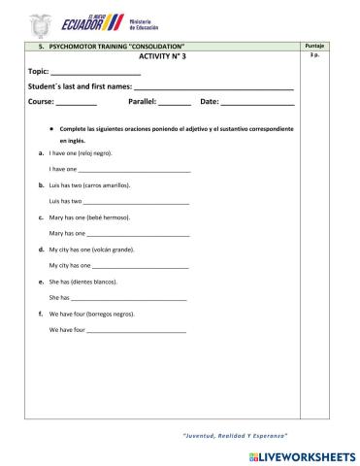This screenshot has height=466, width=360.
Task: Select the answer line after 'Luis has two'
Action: click(x=136, y=202)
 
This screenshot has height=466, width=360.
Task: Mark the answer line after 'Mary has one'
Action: click(x=138, y=234)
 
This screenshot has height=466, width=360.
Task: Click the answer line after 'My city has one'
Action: click(x=140, y=266)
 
